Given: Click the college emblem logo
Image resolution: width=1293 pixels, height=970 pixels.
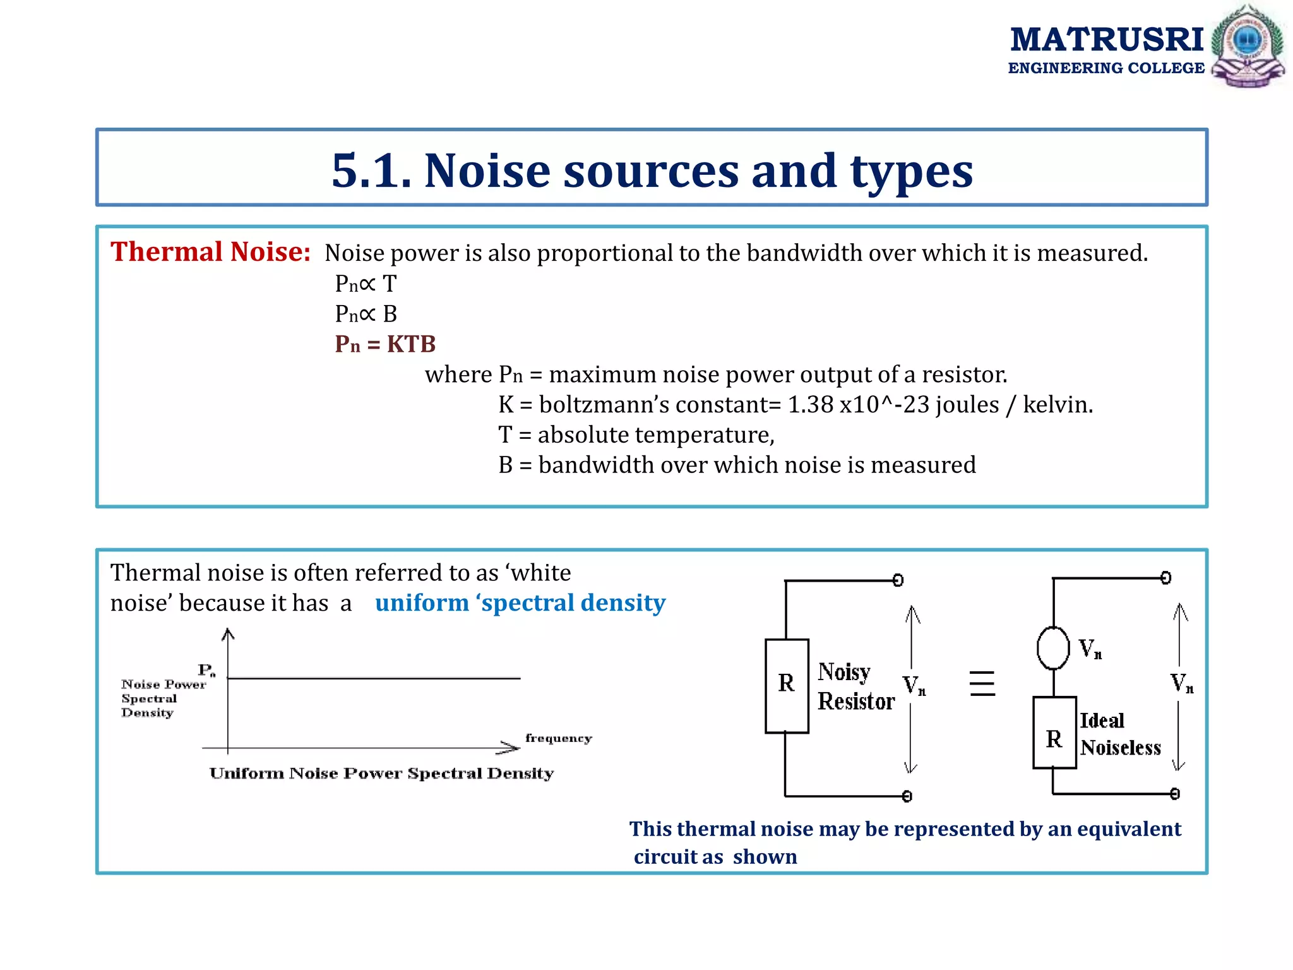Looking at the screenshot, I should click(1248, 45).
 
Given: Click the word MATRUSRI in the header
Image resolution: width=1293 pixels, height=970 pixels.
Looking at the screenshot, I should click(1107, 40).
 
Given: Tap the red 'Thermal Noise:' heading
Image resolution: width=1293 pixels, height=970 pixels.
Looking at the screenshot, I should click(210, 252).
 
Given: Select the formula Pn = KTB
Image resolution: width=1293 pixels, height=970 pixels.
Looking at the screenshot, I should click(385, 344).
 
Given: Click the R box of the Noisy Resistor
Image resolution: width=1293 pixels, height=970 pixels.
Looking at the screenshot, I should click(787, 685).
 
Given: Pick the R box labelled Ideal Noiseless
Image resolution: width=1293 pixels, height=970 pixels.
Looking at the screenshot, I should click(1054, 733).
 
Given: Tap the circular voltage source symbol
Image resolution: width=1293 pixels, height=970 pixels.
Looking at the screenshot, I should click(1053, 648).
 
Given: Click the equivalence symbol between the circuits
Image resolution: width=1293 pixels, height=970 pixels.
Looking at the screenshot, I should click(982, 683).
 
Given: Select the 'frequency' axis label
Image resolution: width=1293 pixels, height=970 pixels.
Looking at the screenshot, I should click(558, 738).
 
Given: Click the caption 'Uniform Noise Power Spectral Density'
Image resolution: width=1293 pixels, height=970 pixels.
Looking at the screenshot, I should click(381, 774).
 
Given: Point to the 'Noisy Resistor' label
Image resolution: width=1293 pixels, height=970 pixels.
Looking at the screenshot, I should click(855, 686).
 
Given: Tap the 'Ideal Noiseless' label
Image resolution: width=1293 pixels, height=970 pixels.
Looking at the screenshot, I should click(1120, 734).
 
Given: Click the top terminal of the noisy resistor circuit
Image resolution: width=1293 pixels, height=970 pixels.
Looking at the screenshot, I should click(898, 580).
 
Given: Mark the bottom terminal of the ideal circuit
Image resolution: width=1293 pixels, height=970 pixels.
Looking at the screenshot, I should click(1174, 794).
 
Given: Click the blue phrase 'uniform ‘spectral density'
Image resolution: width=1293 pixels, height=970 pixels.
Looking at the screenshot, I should click(520, 603).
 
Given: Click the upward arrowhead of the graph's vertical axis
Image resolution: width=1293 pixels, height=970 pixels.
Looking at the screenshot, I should click(228, 633).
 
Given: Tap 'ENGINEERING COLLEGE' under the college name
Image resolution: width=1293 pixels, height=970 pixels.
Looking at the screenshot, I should click(1106, 68).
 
